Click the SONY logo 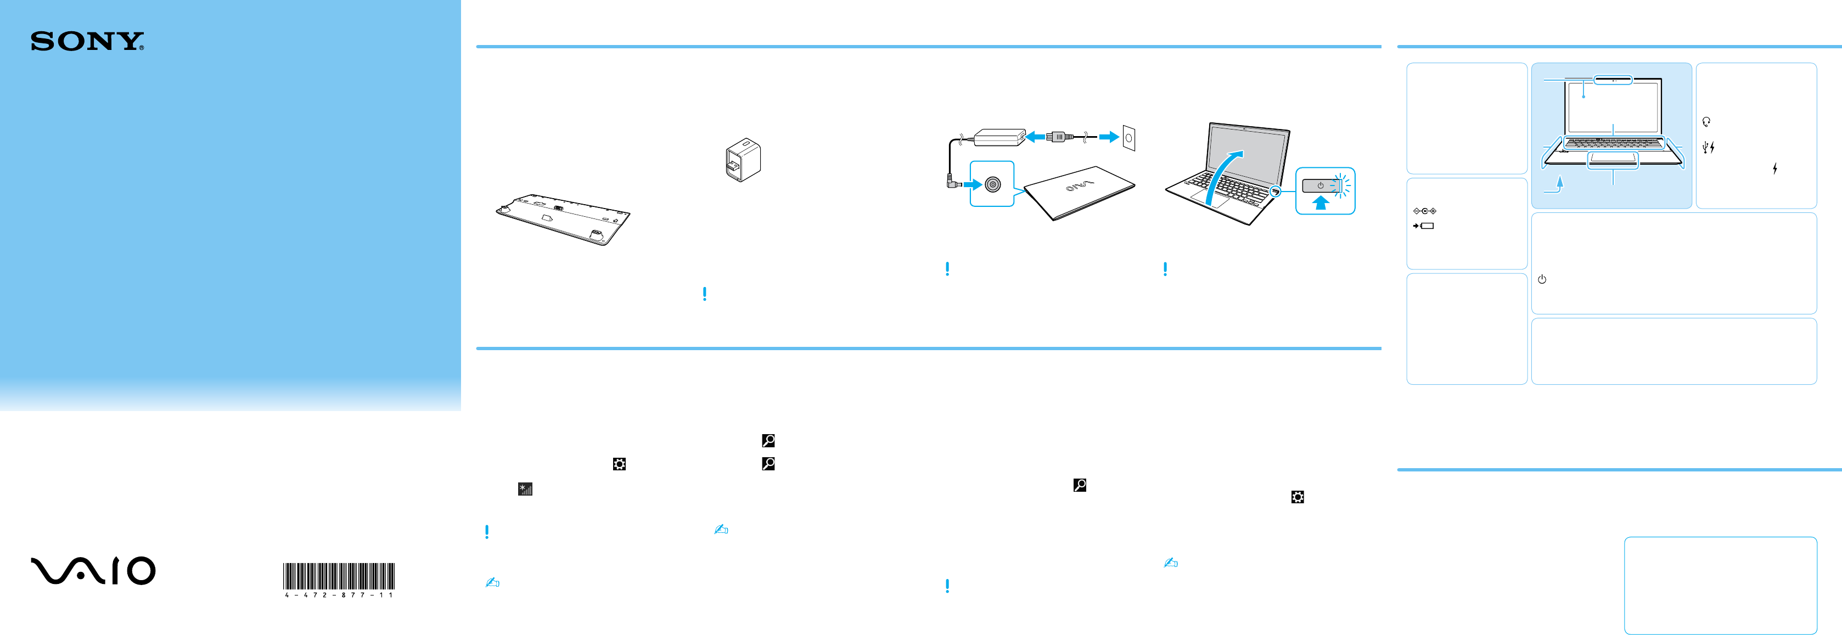click(x=87, y=42)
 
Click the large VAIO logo click(x=93, y=571)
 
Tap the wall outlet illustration click(x=1128, y=137)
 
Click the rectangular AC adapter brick click(x=999, y=136)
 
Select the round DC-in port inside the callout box click(x=992, y=184)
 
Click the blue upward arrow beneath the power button click(x=1320, y=203)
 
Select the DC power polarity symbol click(x=1424, y=211)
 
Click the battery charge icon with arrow click(x=1424, y=226)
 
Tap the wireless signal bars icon click(x=525, y=489)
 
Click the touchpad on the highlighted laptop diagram click(x=1613, y=160)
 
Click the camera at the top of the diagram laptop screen click(x=1613, y=80)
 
